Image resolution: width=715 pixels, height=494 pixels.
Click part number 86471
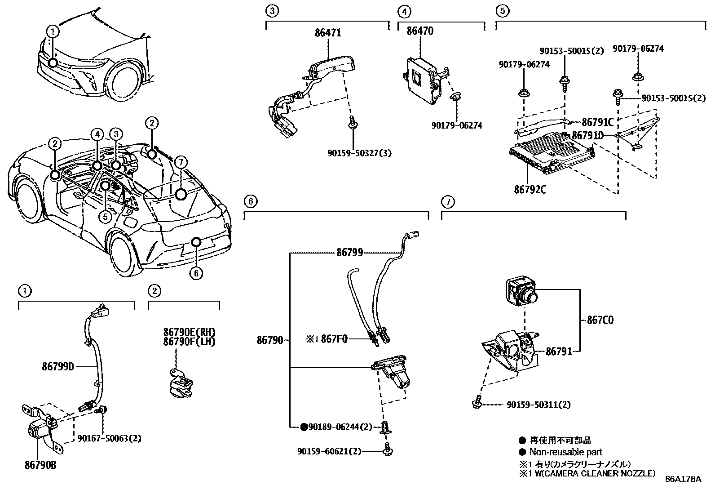click(328, 33)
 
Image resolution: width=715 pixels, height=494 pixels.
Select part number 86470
click(420, 31)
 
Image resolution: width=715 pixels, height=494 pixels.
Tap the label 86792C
click(530, 189)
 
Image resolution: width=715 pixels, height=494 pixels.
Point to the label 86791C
click(597, 122)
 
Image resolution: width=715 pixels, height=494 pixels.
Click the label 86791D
click(587, 135)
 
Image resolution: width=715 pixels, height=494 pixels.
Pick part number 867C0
click(600, 320)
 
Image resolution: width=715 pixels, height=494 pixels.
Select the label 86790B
click(40, 465)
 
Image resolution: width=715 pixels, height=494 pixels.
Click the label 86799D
click(58, 367)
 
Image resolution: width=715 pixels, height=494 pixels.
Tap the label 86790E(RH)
click(189, 332)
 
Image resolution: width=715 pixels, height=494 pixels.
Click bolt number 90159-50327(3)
click(359, 153)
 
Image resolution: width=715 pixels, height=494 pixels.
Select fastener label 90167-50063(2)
click(109, 438)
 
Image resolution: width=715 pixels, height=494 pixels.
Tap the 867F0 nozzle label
click(334, 339)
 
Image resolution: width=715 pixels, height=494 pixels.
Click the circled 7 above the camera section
click(447, 202)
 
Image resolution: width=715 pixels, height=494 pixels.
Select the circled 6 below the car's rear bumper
click(196, 273)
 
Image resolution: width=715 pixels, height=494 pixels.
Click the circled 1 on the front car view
click(53, 31)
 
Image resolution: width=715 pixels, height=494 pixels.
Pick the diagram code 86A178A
click(683, 479)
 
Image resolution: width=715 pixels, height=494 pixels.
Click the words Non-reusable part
click(565, 452)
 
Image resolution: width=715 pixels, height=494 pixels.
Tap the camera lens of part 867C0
click(533, 297)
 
